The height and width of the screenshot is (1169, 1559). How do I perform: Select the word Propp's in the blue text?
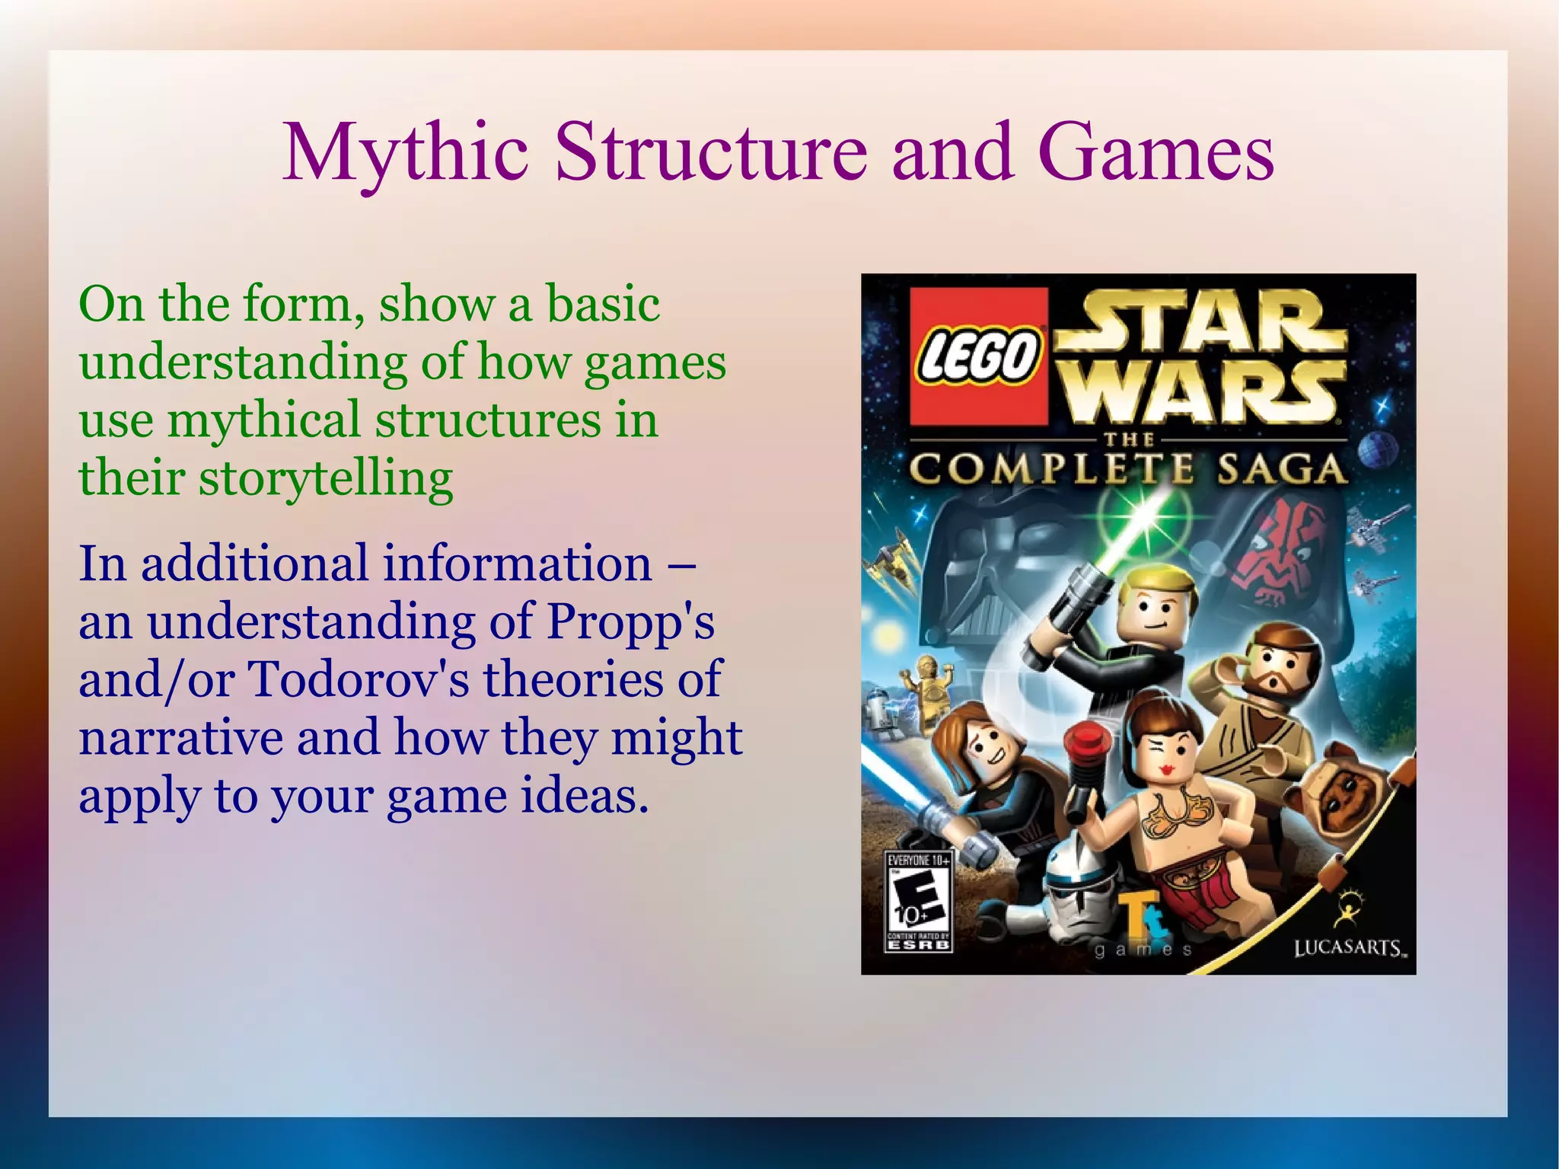[630, 621]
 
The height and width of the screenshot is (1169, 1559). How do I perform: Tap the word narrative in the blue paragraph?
[181, 737]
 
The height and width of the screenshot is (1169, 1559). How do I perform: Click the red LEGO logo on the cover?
[979, 356]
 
